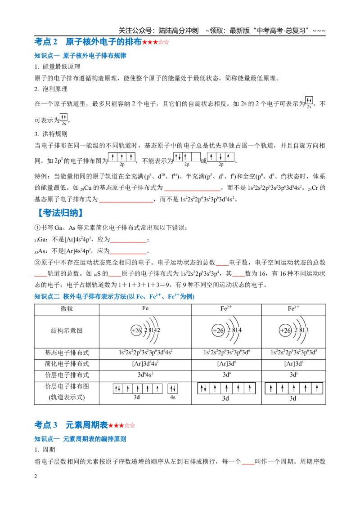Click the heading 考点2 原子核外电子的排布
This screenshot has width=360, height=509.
tap(88, 42)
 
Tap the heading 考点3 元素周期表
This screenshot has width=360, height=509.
tap(71, 425)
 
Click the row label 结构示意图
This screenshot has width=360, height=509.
tap(67, 331)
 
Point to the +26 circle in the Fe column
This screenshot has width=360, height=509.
tap(136, 330)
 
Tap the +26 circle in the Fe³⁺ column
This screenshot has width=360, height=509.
tap(285, 330)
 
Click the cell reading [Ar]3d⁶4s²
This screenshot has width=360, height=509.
tap(145, 364)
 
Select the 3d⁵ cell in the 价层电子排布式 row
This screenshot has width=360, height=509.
tap(293, 375)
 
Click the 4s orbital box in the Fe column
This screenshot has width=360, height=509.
tap(172, 388)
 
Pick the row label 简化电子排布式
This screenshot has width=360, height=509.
tap(67, 364)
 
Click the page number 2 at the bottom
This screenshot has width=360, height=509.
tap(36, 476)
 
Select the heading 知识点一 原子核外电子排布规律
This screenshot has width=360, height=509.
tap(80, 55)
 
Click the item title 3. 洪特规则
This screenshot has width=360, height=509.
tap(51, 134)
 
